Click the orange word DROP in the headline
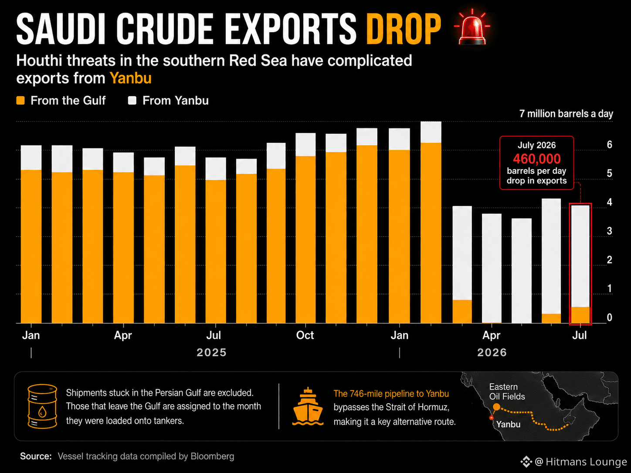click(404, 29)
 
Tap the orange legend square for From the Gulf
click(20, 101)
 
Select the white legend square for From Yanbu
click(132, 101)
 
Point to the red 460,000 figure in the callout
click(537, 159)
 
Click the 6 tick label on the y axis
click(610, 145)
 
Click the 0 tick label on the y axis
click(610, 318)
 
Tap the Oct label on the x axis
click(305, 335)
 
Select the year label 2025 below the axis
click(212, 352)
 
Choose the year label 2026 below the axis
click(492, 352)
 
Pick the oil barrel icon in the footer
click(42, 406)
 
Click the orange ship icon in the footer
click(308, 406)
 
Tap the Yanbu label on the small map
click(508, 424)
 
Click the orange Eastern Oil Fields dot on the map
click(496, 407)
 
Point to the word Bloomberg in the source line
click(213, 456)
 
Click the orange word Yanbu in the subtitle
click(130, 78)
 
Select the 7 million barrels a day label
click(566, 114)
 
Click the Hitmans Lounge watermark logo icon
click(526, 462)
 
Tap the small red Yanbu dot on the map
click(491, 418)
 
